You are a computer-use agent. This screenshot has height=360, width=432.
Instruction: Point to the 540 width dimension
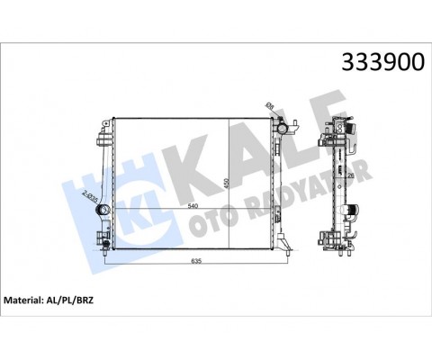(191, 206)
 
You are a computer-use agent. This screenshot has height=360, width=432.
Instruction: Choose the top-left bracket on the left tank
(96, 139)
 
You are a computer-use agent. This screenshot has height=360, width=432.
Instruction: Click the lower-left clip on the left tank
(98, 241)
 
